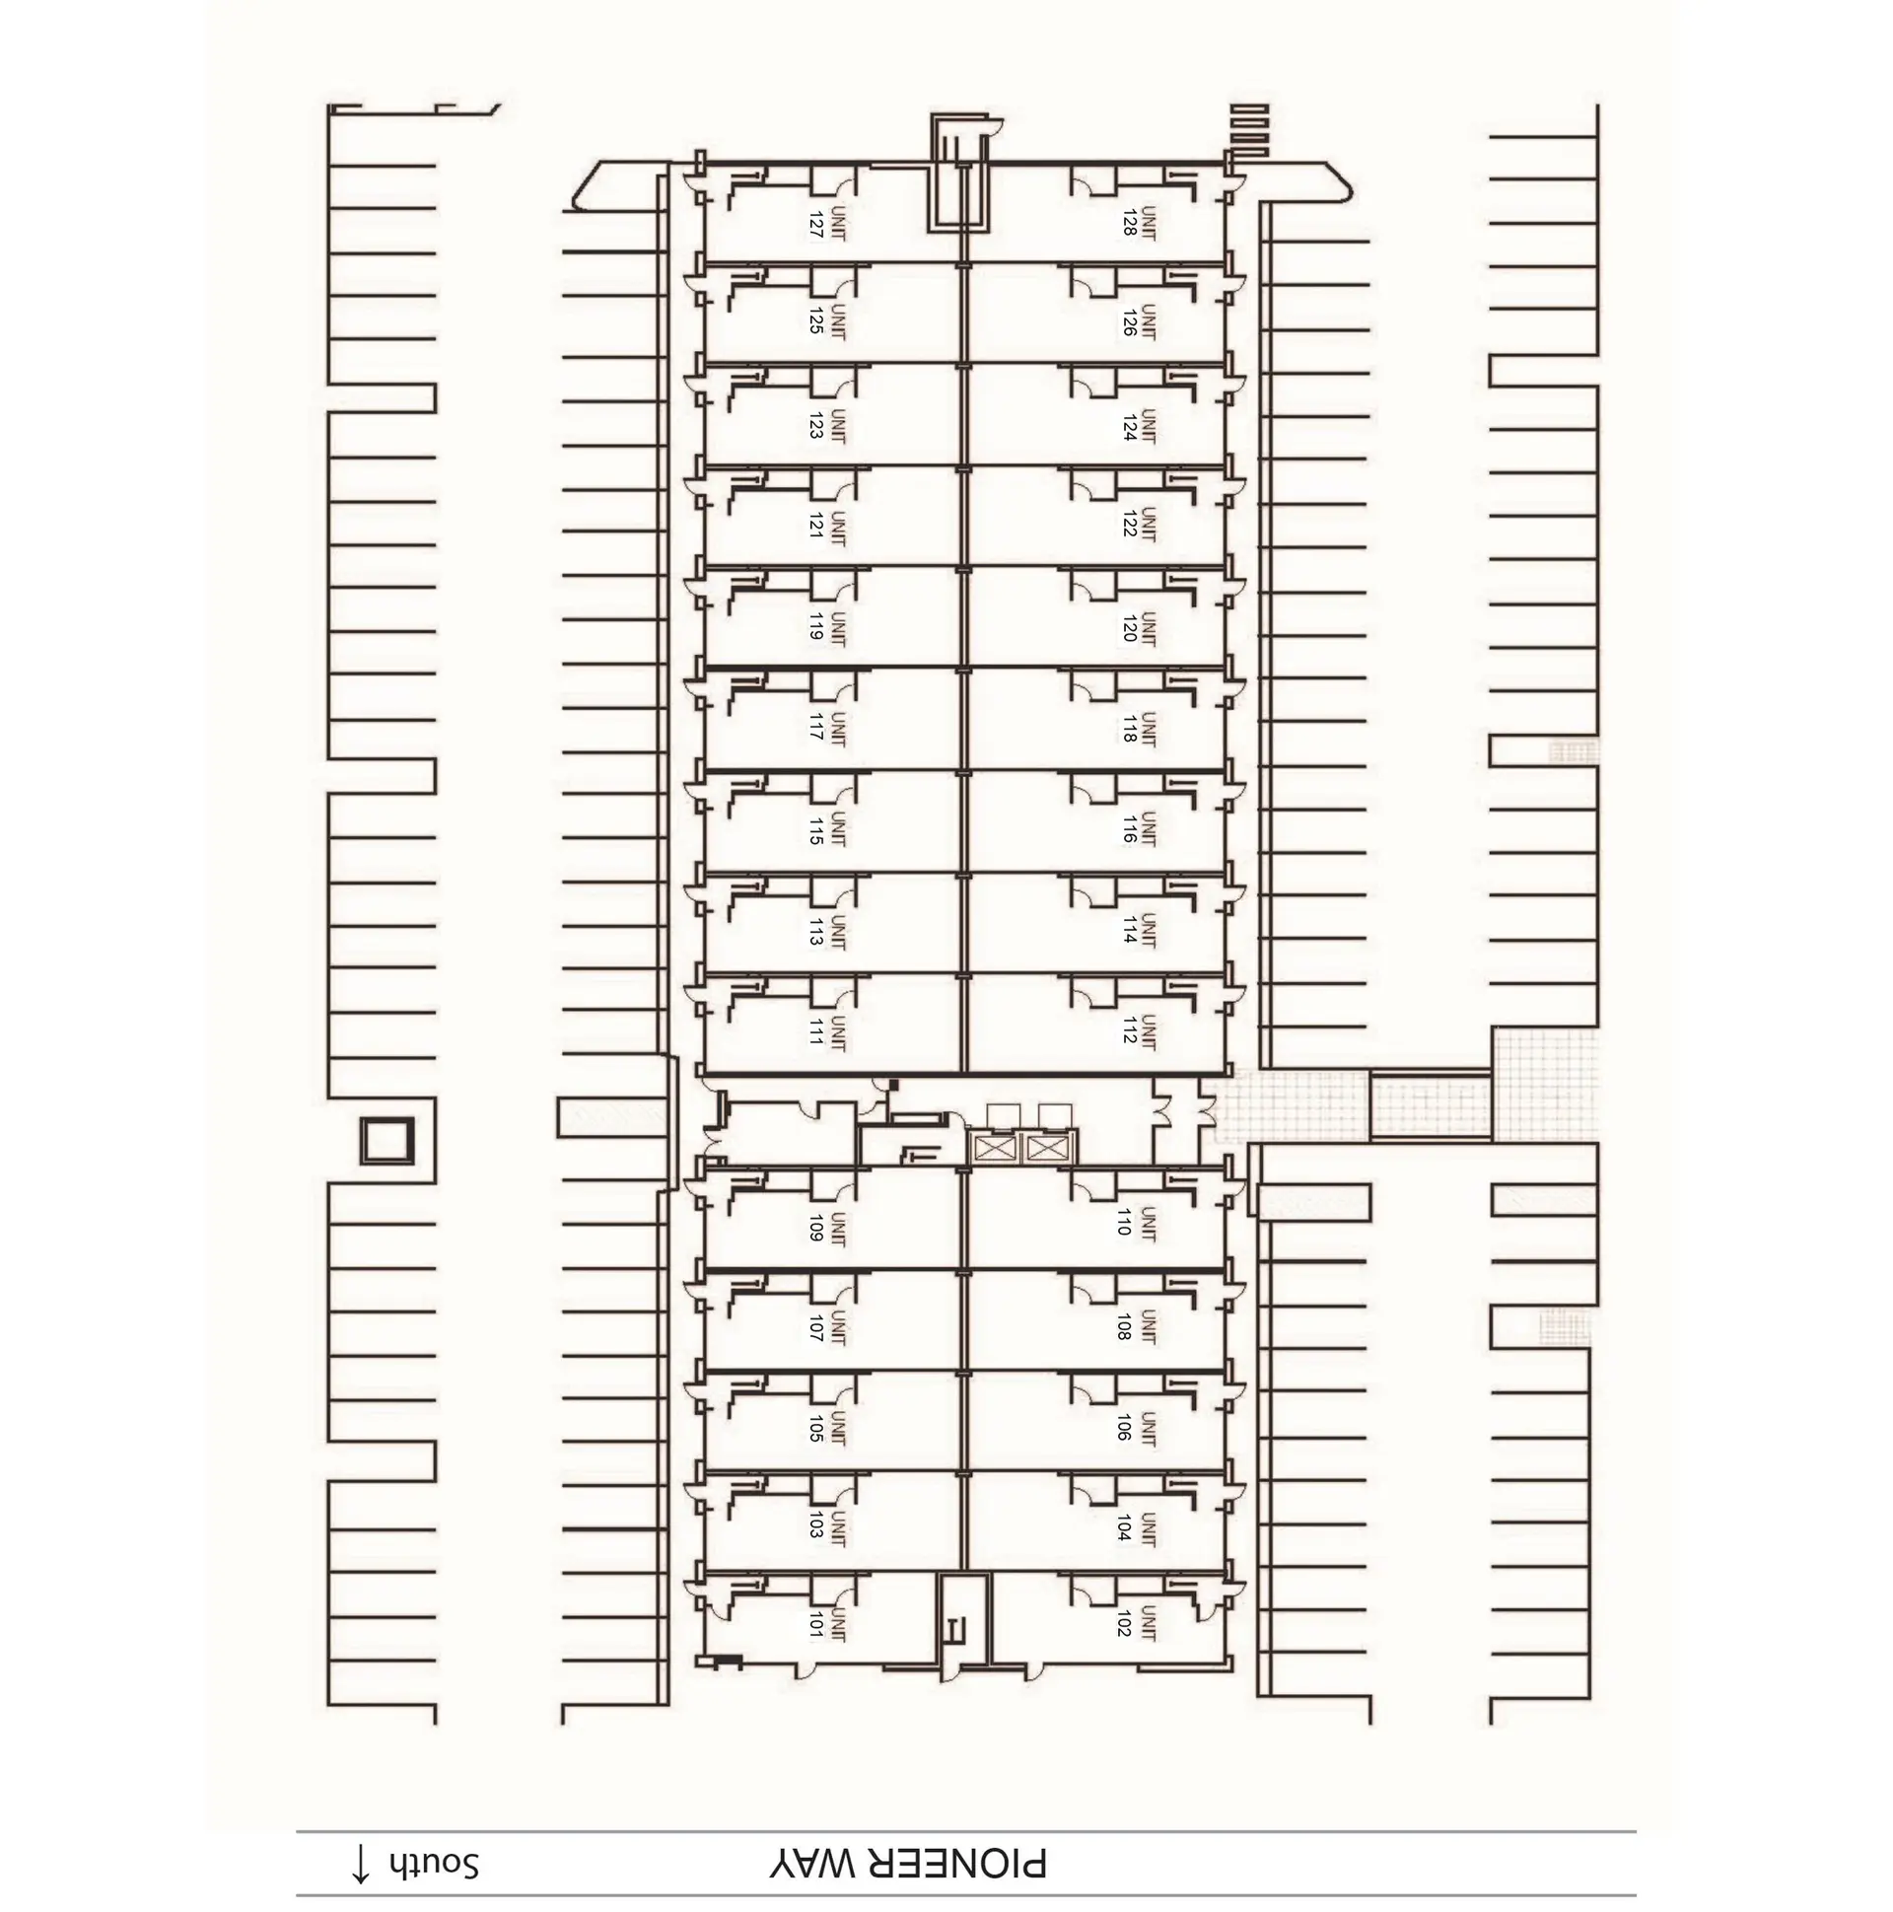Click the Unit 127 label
[827, 224]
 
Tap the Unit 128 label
[1139, 222]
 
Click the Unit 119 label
[827, 627]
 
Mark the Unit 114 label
[1139, 930]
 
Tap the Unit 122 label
[1139, 525]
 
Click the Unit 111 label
[827, 1032]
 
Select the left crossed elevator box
[996, 1148]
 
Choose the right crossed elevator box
[1047, 1148]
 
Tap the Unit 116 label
[1139, 828]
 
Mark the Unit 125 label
[827, 322]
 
